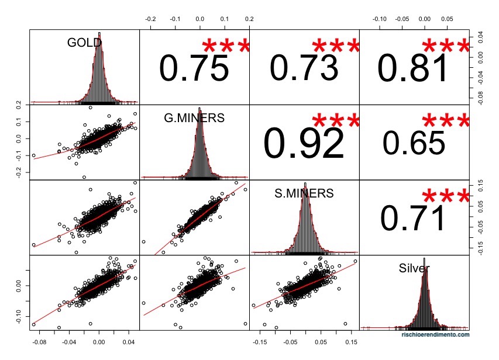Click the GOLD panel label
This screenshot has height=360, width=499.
click(x=84, y=43)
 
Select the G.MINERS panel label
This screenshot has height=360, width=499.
click(x=194, y=119)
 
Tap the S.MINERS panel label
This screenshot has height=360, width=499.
click(x=304, y=194)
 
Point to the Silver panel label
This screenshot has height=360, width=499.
click(x=414, y=268)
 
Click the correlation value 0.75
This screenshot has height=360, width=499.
click(x=194, y=69)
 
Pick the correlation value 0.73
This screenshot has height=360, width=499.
click(x=304, y=69)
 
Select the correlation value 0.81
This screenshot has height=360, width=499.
click(x=414, y=69)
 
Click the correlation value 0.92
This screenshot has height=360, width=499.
click(x=304, y=144)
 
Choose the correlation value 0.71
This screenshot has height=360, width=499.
click(x=414, y=219)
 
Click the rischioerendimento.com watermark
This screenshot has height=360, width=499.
click(x=435, y=335)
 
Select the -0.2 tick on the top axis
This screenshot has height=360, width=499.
click(x=150, y=19)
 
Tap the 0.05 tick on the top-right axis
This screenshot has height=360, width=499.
click(x=447, y=19)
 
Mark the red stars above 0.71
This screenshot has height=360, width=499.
click(x=445, y=196)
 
